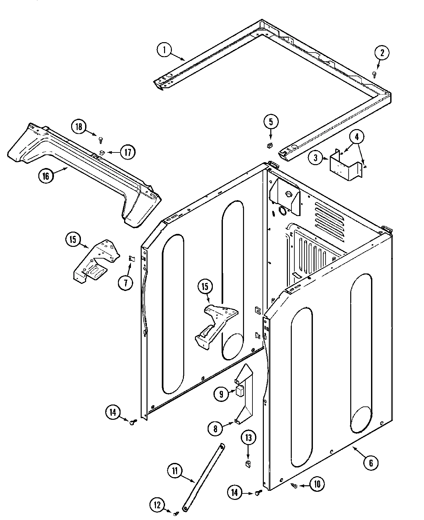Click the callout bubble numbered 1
click(164, 50)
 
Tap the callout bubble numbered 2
click(382, 53)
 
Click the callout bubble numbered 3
click(315, 159)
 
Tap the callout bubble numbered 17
click(128, 152)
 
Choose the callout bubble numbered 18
click(79, 127)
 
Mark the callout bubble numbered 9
click(221, 394)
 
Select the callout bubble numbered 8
click(215, 429)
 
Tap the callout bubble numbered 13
click(248, 438)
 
